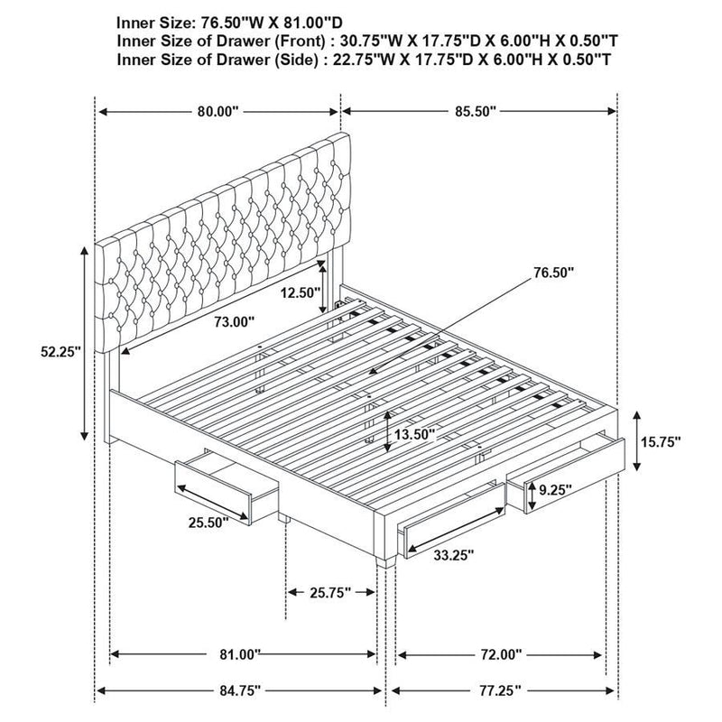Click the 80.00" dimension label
218,113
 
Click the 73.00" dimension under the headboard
235,321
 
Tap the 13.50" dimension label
414,434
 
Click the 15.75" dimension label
661,442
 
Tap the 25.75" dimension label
330,592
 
